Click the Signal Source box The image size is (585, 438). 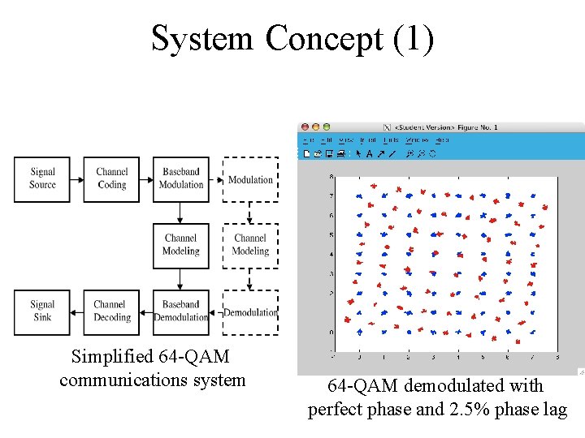pyautogui.click(x=42, y=179)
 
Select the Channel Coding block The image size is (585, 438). pyautogui.click(x=111, y=179)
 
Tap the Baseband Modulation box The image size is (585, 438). pyautogui.click(x=180, y=179)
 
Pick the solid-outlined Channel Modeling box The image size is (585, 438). pyautogui.click(x=180, y=245)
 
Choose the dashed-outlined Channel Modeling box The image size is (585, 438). pyautogui.click(x=250, y=245)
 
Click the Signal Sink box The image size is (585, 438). pyautogui.click(x=42, y=311)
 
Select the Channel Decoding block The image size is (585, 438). pyautogui.click(x=111, y=311)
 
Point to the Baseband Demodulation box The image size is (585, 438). pyautogui.click(x=180, y=311)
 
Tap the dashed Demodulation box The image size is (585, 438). pyautogui.click(x=250, y=312)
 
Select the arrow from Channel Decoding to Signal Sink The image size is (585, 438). pyautogui.click(x=77, y=311)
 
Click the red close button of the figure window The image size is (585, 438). pyautogui.click(x=305, y=127)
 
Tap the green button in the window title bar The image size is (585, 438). pyautogui.click(x=327, y=127)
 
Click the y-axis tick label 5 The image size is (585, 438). pyautogui.click(x=331, y=235)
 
